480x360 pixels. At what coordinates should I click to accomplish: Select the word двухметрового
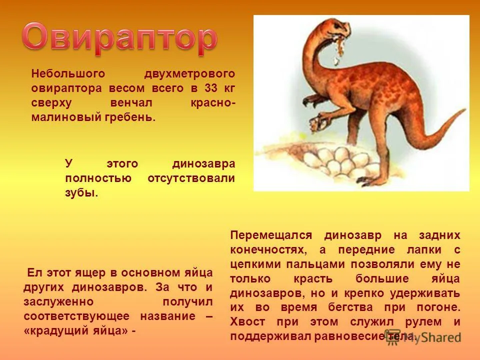tap(189, 73)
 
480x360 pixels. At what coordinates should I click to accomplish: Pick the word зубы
tap(81, 193)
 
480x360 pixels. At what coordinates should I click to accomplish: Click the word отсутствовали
tap(191, 178)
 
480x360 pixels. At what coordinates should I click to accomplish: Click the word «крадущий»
tap(55, 332)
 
